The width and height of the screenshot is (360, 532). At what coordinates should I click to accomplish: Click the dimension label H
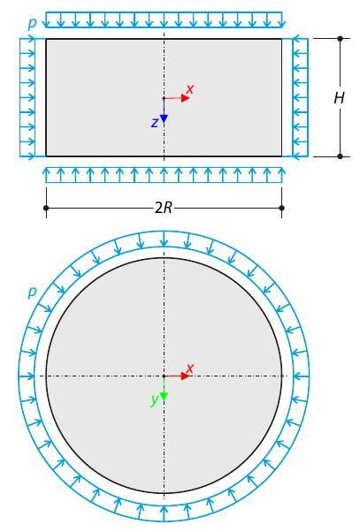(339, 98)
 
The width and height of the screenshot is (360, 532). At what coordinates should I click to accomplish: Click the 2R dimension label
(164, 209)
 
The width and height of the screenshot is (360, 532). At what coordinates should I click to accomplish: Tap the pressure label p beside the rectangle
(32, 23)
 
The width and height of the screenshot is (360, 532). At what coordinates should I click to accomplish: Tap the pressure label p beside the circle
(32, 292)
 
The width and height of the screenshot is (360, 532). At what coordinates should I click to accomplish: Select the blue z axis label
(154, 123)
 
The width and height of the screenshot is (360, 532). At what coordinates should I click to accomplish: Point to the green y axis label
(154, 399)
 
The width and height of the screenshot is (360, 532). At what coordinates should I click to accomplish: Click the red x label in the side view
(189, 89)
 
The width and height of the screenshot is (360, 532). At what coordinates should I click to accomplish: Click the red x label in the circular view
(189, 368)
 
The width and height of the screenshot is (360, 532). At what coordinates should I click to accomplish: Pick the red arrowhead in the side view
(185, 98)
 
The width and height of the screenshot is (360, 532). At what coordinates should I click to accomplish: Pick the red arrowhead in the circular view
(185, 376)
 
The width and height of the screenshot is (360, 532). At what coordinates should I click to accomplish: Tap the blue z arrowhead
(164, 118)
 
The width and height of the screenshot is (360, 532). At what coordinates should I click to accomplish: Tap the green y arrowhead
(164, 396)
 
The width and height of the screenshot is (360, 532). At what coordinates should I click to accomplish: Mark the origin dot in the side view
(164, 98)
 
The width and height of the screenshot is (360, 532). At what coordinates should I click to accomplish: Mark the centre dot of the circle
(164, 376)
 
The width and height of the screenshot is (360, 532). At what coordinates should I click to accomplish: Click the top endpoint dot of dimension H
(340, 39)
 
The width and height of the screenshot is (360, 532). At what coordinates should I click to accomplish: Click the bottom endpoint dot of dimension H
(340, 156)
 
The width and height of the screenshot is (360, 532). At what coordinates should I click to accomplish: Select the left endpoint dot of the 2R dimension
(46, 208)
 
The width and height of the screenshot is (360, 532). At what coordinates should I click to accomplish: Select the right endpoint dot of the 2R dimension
(281, 208)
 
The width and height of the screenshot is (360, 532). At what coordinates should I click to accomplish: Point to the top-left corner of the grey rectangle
(46, 39)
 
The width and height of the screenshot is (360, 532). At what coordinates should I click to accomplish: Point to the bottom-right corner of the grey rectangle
(281, 156)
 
